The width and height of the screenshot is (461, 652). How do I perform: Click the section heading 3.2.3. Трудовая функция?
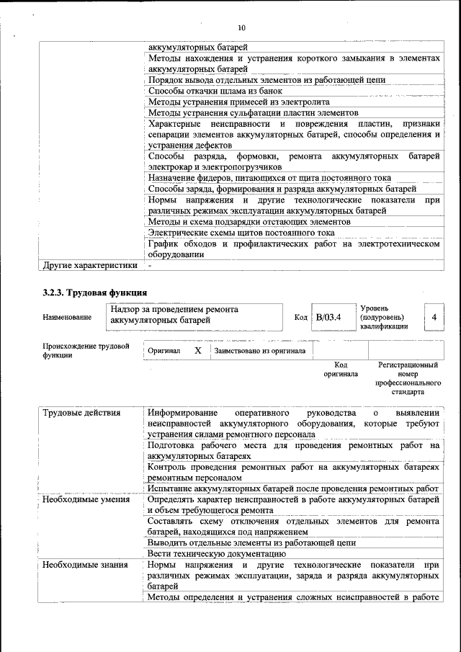pyautogui.click(x=95, y=292)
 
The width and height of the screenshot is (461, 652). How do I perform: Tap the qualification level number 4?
pyautogui.click(x=434, y=317)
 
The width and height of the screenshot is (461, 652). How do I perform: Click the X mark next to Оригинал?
pyautogui.click(x=197, y=350)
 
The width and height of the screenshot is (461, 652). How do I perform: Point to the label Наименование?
pyautogui.click(x=67, y=317)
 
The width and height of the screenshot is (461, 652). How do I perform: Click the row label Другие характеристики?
pyautogui.click(x=89, y=265)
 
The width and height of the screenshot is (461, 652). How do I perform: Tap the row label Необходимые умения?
pyautogui.click(x=86, y=499)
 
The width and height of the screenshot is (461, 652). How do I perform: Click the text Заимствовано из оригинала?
pyautogui.click(x=260, y=351)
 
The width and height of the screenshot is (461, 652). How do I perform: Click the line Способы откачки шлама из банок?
pyautogui.click(x=215, y=91)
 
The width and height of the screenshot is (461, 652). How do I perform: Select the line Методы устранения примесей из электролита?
pyautogui.click(x=238, y=102)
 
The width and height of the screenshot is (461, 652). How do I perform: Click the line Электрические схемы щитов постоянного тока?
pyautogui.click(x=241, y=233)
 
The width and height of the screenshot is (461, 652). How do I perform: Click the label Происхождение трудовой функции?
pyautogui.click(x=86, y=351)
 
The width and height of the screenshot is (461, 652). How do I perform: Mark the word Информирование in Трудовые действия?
pyautogui.click(x=182, y=414)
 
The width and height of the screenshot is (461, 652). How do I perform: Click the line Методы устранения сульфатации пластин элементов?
pyautogui.click(x=253, y=113)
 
